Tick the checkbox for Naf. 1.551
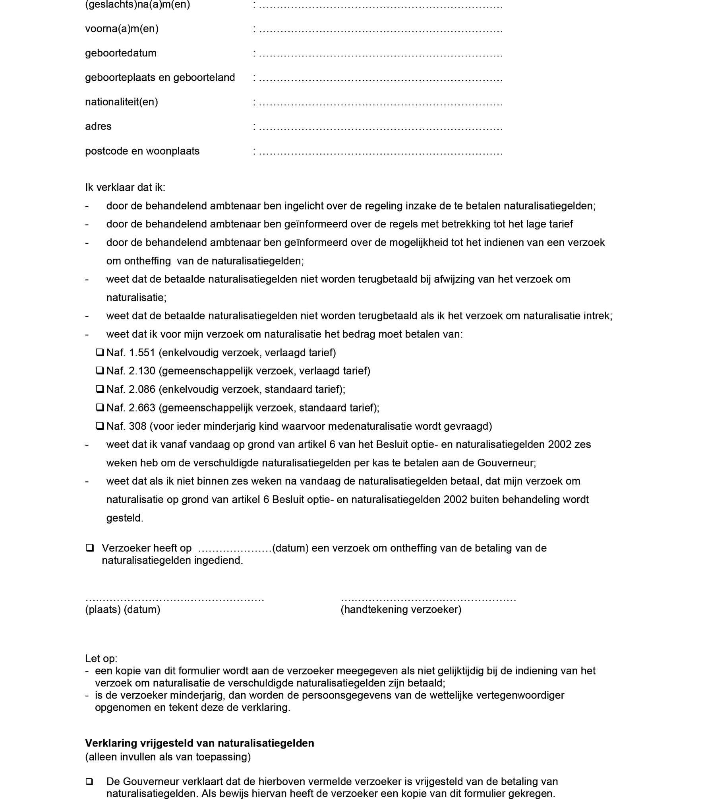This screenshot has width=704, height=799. point(100,352)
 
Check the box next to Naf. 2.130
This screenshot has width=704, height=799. point(100,370)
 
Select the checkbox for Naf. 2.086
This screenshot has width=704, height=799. point(100,389)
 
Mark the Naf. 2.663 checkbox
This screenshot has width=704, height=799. point(100,407)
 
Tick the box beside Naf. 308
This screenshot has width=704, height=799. point(100,426)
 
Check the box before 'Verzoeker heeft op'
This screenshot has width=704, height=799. point(90,548)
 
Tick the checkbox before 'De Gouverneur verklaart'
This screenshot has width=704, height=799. point(90,782)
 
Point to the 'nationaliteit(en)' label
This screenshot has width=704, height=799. point(122,102)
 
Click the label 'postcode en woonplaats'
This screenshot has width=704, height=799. point(142,151)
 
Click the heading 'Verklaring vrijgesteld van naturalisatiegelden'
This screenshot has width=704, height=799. point(199,743)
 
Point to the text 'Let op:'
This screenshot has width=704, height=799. point(101,659)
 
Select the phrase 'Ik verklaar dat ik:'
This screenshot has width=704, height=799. point(125,187)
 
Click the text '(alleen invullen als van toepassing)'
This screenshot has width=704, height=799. point(168,757)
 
